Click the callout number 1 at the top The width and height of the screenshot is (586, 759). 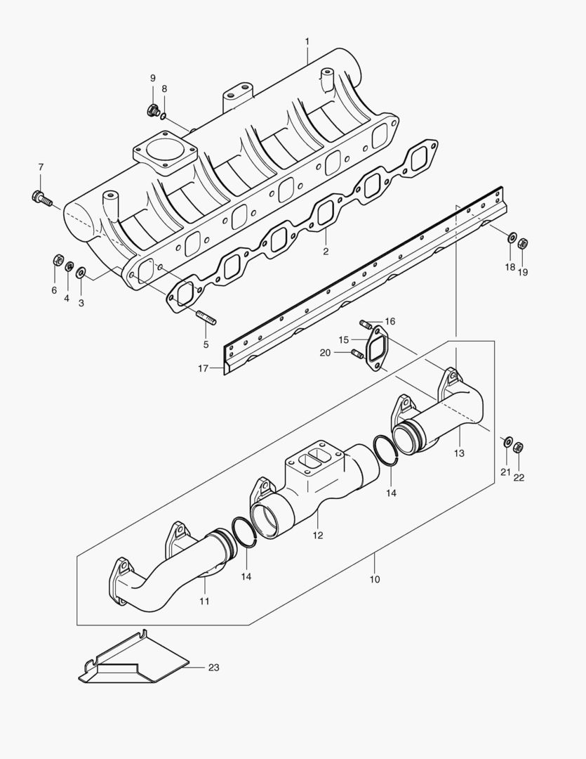click(307, 41)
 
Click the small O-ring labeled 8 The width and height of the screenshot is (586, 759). click(164, 115)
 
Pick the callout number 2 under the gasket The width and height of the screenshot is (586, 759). click(326, 251)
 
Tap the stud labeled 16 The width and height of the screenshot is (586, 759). click(366, 324)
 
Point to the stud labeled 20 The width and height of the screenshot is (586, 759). click(358, 353)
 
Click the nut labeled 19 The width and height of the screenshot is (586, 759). click(523, 244)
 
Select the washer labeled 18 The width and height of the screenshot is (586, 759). click(512, 238)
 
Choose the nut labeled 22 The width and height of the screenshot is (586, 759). click(519, 446)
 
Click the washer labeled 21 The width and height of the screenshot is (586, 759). click(507, 441)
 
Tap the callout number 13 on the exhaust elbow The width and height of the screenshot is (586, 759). click(459, 453)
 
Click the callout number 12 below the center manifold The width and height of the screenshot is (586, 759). click(318, 535)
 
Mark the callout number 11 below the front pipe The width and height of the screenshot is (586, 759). click(204, 601)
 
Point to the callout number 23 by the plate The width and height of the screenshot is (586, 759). click(214, 667)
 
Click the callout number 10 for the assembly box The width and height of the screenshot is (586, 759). click(374, 579)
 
